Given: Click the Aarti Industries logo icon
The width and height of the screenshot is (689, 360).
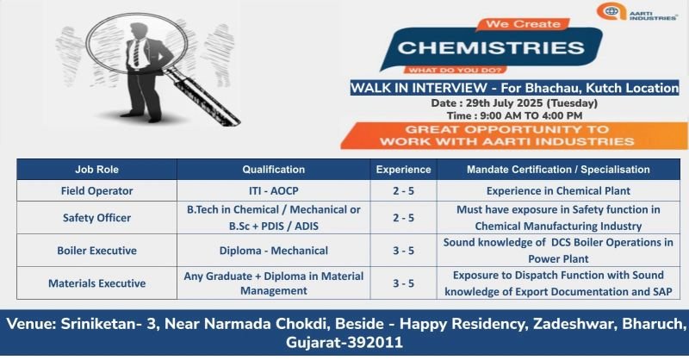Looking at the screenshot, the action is (x=611, y=11).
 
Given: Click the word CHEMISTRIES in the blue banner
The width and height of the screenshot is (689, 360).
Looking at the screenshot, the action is (x=491, y=48).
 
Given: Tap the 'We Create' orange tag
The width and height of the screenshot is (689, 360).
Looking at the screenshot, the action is (x=523, y=24).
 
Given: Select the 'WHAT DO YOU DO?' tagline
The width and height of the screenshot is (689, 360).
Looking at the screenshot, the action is (x=455, y=70).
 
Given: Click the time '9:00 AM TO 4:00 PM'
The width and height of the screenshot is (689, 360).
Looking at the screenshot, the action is (x=531, y=115).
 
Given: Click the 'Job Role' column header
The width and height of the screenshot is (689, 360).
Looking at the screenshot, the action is (x=96, y=170).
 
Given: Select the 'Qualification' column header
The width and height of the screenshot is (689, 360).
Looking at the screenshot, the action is (x=273, y=170).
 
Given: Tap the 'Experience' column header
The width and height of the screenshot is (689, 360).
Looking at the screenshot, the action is (x=403, y=170).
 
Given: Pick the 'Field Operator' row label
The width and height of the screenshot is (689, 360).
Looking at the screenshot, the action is (x=96, y=191).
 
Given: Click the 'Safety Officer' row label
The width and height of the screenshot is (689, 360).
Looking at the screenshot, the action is (x=96, y=218).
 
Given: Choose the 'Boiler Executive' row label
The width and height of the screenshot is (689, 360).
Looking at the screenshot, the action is (x=96, y=251).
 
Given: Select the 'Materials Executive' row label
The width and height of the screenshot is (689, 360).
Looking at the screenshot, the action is (x=96, y=283).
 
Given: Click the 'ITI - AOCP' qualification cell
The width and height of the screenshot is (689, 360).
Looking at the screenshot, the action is (x=273, y=191).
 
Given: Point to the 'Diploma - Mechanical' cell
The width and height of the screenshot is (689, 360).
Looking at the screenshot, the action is (x=273, y=251).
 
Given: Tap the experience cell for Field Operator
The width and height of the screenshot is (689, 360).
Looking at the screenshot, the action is (x=403, y=191).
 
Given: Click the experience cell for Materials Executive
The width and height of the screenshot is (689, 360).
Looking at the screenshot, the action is (x=403, y=283).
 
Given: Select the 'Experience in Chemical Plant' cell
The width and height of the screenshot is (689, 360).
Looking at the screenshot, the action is (x=558, y=191).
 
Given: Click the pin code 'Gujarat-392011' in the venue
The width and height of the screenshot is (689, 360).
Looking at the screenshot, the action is (x=344, y=342).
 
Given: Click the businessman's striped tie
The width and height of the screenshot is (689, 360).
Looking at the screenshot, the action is (x=137, y=52).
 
